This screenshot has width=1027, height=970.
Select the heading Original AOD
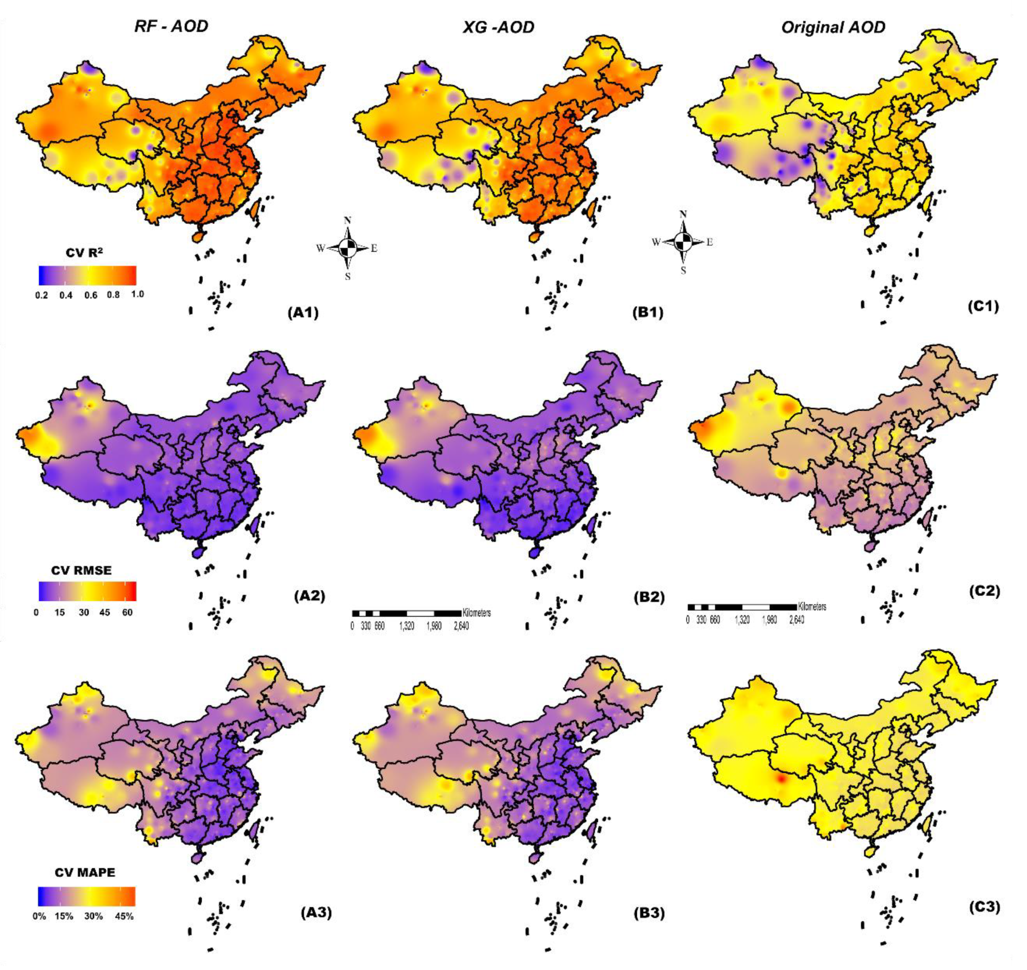[833, 27]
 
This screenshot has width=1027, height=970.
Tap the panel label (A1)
[303, 313]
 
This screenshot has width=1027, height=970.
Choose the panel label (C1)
[983, 307]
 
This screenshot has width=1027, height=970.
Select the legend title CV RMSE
[81, 570]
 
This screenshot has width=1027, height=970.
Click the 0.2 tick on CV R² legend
[41, 295]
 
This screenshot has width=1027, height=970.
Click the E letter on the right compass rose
[710, 242]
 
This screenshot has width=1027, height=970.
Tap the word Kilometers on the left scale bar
[476, 613]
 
